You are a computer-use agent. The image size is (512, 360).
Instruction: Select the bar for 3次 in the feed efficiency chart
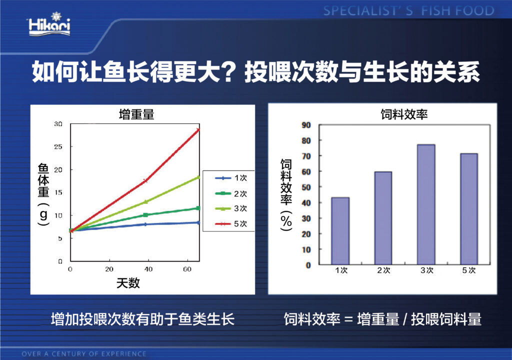coord(426,204)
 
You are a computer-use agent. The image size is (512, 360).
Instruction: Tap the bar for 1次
coord(340,231)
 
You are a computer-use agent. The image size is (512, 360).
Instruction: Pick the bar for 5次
coord(469,209)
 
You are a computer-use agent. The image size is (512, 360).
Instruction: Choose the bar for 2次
coord(383,218)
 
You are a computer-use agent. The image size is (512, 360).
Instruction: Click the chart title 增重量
coord(136,114)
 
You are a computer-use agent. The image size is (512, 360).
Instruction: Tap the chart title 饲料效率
coord(404,114)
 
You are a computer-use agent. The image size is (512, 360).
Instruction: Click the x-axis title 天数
coord(128,283)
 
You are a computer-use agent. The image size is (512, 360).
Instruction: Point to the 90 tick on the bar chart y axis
coord(306,125)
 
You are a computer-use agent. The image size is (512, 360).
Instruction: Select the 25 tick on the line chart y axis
coord(58,146)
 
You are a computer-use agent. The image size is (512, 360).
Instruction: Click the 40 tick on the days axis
coord(148,269)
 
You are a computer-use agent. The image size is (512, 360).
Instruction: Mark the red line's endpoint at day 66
coord(198,130)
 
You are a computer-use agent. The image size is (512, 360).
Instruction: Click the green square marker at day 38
coord(145,215)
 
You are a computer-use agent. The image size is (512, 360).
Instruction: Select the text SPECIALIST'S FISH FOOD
coord(409,11)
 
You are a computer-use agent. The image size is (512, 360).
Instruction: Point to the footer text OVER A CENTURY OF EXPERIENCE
coord(84,354)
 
